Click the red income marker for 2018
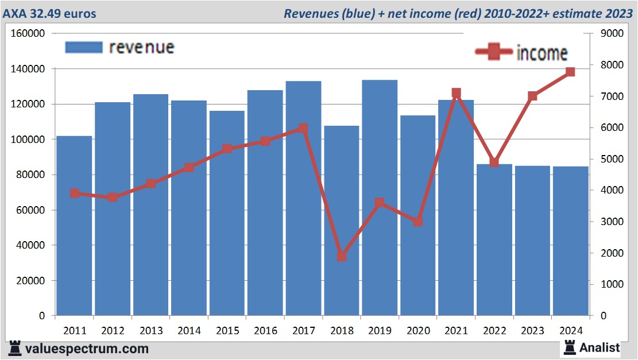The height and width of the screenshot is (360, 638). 342,256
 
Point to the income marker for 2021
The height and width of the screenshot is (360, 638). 456,93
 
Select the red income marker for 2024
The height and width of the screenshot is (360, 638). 570,72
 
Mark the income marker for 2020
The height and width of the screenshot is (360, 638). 418,221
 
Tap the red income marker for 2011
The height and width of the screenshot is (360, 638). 75,193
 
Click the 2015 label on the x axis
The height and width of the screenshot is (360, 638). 227,331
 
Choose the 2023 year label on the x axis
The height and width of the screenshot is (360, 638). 532,331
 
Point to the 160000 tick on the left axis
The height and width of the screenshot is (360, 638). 28,33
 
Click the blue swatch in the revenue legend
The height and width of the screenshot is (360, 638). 84,47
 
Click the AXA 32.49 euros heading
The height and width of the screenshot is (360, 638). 49,13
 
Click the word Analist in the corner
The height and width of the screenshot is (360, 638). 600,347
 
